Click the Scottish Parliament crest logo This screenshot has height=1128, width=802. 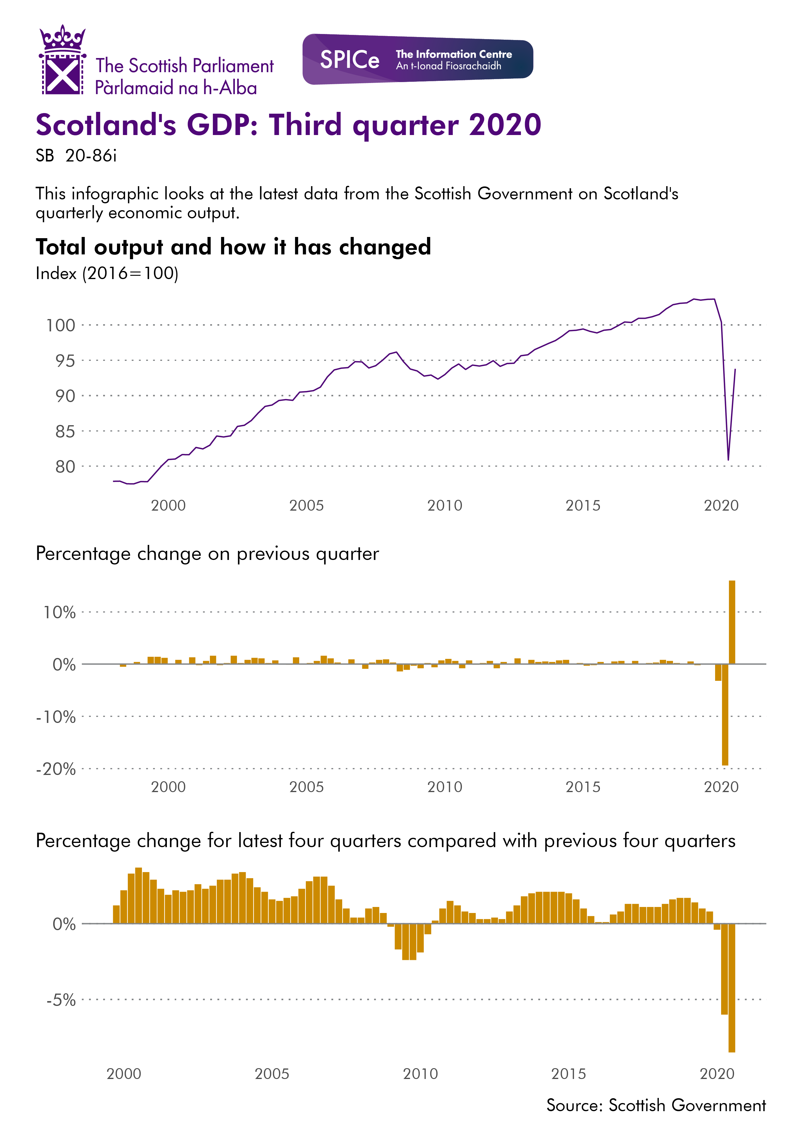[62, 60]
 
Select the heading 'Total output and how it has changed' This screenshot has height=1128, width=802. [233, 247]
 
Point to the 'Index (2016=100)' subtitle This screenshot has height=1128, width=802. [107, 274]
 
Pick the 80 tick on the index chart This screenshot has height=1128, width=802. [65, 467]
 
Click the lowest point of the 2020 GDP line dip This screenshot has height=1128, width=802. [728, 459]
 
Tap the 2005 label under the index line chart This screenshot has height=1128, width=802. [306, 506]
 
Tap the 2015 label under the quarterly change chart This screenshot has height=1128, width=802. [583, 787]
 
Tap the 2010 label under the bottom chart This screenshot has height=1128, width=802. [420, 1074]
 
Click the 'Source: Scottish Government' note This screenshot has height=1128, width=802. [656, 1105]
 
